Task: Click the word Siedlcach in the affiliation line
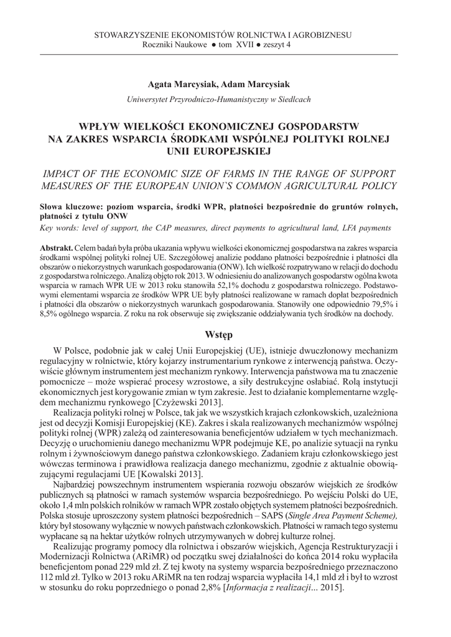tap(292, 99)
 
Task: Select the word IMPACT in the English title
tap(63, 173)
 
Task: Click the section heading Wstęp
tap(225, 336)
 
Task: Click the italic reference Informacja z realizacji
tap(273, 606)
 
